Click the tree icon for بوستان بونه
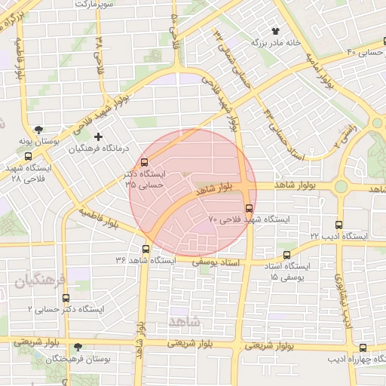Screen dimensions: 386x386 click(x=38, y=130)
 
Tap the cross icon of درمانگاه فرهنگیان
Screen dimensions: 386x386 click(x=98, y=136)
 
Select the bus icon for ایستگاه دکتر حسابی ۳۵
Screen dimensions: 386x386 click(x=145, y=162)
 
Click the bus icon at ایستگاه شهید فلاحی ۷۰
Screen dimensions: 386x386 click(x=250, y=208)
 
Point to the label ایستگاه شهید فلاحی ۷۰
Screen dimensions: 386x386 click(x=249, y=219)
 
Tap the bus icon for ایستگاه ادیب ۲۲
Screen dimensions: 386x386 click(x=339, y=225)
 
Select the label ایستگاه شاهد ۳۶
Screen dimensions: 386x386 click(x=144, y=260)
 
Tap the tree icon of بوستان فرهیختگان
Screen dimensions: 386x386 click(x=78, y=348)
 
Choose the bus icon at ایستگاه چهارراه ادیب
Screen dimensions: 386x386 click(x=363, y=348)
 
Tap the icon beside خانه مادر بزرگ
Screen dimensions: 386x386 click(x=275, y=32)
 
